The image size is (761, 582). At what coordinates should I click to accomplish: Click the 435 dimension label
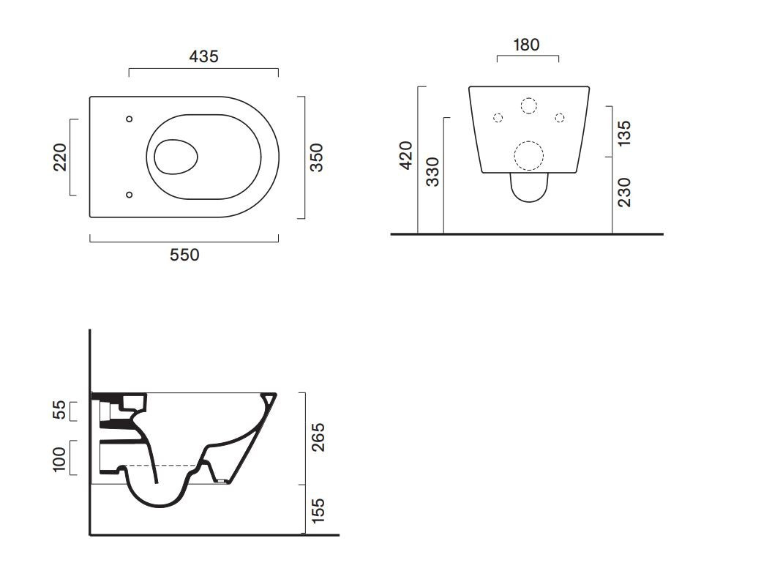(x=204, y=56)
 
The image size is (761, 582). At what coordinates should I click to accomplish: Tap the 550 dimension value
(x=184, y=255)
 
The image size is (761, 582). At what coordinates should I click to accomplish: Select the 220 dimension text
(x=60, y=157)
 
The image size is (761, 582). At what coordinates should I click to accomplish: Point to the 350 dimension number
(x=316, y=157)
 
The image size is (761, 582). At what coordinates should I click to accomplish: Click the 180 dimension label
(x=527, y=45)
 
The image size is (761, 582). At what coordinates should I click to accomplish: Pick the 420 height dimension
(x=405, y=155)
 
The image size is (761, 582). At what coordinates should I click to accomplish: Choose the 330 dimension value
(x=432, y=172)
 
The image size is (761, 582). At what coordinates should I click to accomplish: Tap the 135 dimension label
(x=624, y=133)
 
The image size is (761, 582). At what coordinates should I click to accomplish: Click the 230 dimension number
(x=624, y=193)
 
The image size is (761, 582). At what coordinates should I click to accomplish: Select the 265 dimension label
(x=318, y=437)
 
